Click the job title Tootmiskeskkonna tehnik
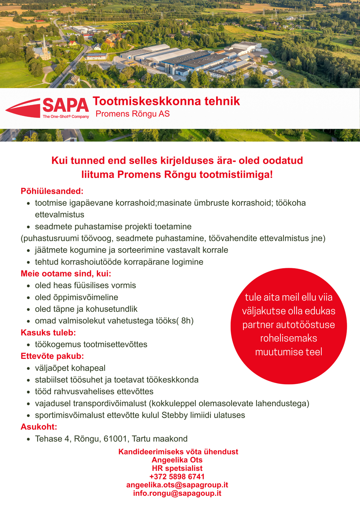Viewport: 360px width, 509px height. coord(166,101)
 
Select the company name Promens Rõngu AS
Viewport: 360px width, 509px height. coord(132,114)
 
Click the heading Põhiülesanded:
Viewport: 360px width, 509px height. coord(52,191)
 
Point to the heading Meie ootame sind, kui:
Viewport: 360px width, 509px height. coord(66,274)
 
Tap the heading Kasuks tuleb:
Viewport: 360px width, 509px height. coord(48,333)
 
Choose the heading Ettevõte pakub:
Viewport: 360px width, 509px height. coord(52,356)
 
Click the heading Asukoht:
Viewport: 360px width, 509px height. coord(39,427)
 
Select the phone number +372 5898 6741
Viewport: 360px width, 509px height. coord(177,477)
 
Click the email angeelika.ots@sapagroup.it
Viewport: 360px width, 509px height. coord(177,485)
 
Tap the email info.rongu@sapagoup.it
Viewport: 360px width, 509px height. coord(177,493)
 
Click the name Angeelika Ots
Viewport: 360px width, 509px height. coord(177,460)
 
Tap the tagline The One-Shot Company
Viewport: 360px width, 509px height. coord(66,117)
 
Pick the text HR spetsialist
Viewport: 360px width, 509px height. coord(177,468)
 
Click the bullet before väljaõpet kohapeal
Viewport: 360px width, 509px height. coord(29,368)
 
